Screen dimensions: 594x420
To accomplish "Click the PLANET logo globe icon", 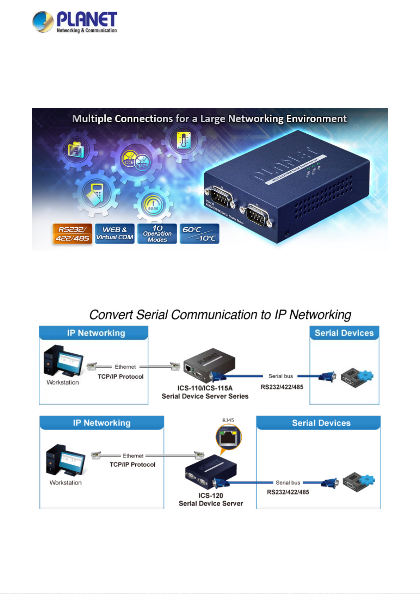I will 43,22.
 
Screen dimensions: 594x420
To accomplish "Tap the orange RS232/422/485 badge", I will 72,234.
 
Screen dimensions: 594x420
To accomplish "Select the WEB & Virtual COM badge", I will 115,234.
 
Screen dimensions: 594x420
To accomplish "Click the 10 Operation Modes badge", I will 157,234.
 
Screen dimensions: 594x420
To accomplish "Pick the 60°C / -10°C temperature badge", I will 199,234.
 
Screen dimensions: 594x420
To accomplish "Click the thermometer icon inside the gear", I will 184,140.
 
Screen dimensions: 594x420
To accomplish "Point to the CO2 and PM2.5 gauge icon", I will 135,162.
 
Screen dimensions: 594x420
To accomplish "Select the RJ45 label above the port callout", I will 228,420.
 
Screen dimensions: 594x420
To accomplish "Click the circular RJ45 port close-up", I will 229,437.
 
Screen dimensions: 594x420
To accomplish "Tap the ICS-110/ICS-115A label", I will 205,388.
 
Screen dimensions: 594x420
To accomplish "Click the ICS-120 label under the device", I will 211,495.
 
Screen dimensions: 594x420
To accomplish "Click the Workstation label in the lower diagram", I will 66,483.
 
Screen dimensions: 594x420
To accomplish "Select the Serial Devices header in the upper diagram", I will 344,333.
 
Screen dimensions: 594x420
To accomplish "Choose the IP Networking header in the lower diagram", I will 101,423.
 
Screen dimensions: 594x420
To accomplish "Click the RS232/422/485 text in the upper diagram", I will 282,387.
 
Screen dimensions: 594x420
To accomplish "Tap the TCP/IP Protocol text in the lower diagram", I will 132,465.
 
